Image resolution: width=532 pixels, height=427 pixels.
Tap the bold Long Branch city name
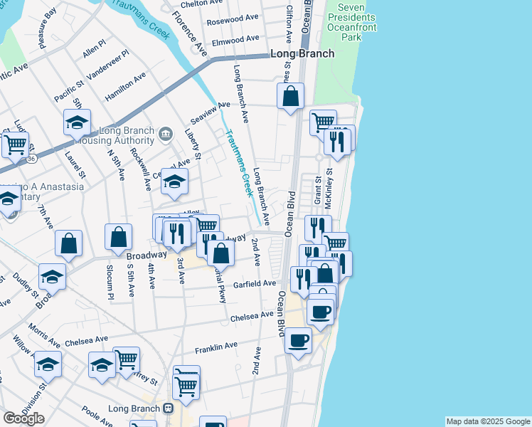tap(302, 53)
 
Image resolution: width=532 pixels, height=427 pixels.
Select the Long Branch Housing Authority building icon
tap(166, 133)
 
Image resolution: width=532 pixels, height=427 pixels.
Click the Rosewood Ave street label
tap(233, 20)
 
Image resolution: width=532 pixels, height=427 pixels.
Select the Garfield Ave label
tap(259, 283)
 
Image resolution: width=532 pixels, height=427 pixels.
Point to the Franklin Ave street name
tap(216, 347)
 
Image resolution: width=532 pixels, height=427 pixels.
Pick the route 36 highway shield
tap(31, 159)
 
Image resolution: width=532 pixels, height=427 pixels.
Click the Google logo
tap(23, 418)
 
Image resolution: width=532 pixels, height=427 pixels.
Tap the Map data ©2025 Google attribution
tap(488, 421)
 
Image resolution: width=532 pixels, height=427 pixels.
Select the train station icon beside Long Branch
tap(169, 408)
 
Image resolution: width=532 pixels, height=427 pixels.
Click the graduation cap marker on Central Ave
tap(174, 182)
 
